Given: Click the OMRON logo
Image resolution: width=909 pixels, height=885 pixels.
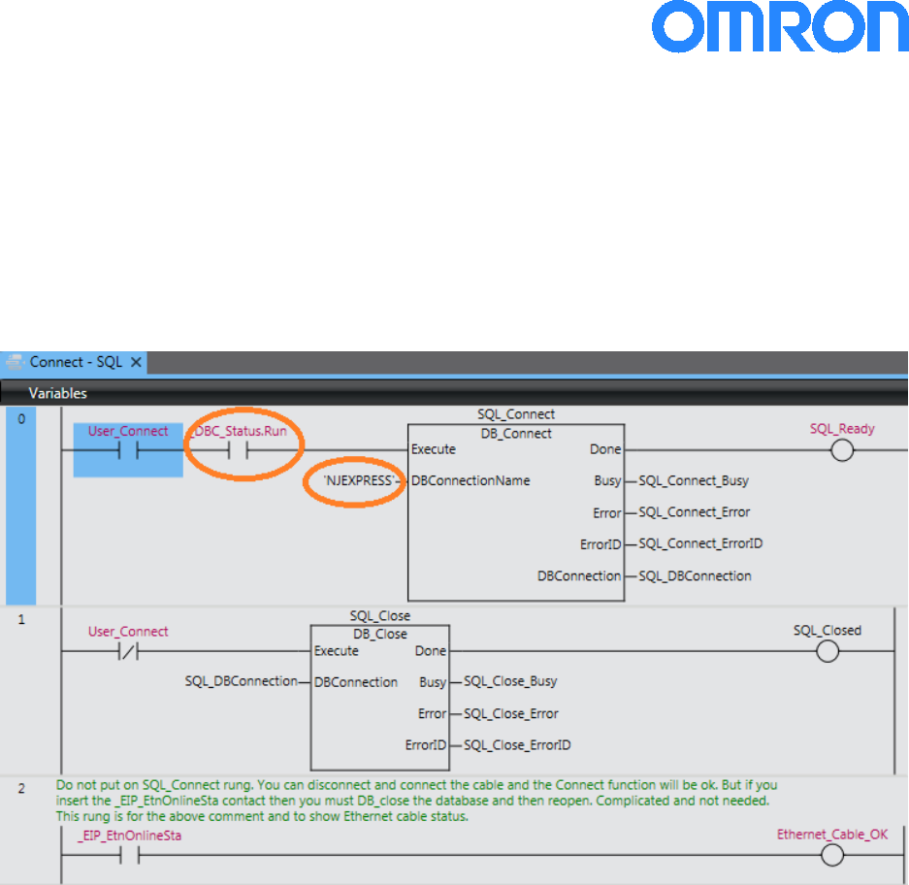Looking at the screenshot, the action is click(x=780, y=28).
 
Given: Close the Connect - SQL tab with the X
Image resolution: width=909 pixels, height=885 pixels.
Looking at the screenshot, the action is click(x=136, y=362).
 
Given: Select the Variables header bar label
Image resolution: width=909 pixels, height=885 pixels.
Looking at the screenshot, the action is click(x=57, y=393).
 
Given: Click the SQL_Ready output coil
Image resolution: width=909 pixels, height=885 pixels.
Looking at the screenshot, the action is click(x=843, y=450).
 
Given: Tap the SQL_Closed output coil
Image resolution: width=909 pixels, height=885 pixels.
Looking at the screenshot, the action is click(x=828, y=651).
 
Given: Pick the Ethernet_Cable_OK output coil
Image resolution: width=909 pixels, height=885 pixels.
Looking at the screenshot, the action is click(x=831, y=855).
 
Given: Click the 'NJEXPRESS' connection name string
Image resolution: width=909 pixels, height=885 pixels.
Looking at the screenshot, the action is click(x=358, y=480).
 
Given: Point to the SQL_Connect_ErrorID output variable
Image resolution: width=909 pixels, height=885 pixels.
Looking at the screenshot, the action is click(x=700, y=543).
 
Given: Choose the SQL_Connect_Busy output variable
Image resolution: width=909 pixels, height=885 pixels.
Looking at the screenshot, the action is click(x=694, y=480).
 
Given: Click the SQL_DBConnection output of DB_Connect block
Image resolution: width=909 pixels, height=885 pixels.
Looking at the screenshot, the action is click(x=695, y=575).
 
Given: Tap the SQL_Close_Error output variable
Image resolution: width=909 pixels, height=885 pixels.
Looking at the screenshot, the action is click(x=511, y=713).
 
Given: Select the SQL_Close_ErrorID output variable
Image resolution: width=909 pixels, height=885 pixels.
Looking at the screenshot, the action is click(x=517, y=745).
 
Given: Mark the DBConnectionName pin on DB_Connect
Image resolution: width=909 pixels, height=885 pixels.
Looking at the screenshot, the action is click(x=471, y=480).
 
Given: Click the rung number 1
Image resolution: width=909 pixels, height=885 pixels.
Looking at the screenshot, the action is click(x=21, y=618).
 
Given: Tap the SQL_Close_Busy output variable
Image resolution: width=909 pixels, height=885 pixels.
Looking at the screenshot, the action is click(x=510, y=682).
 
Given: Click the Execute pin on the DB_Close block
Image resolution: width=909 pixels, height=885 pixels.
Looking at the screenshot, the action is click(x=337, y=651).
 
